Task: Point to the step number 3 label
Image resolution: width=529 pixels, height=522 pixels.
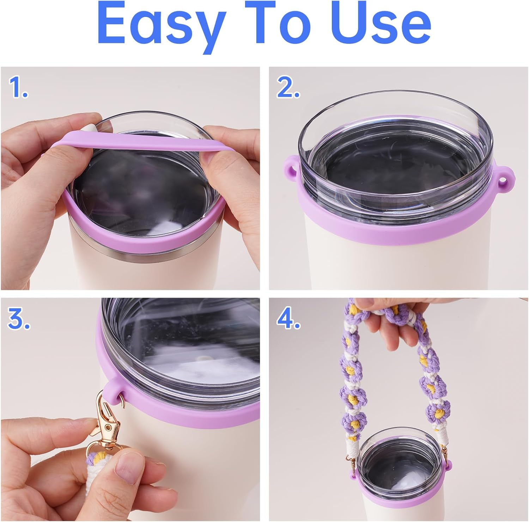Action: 18,319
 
